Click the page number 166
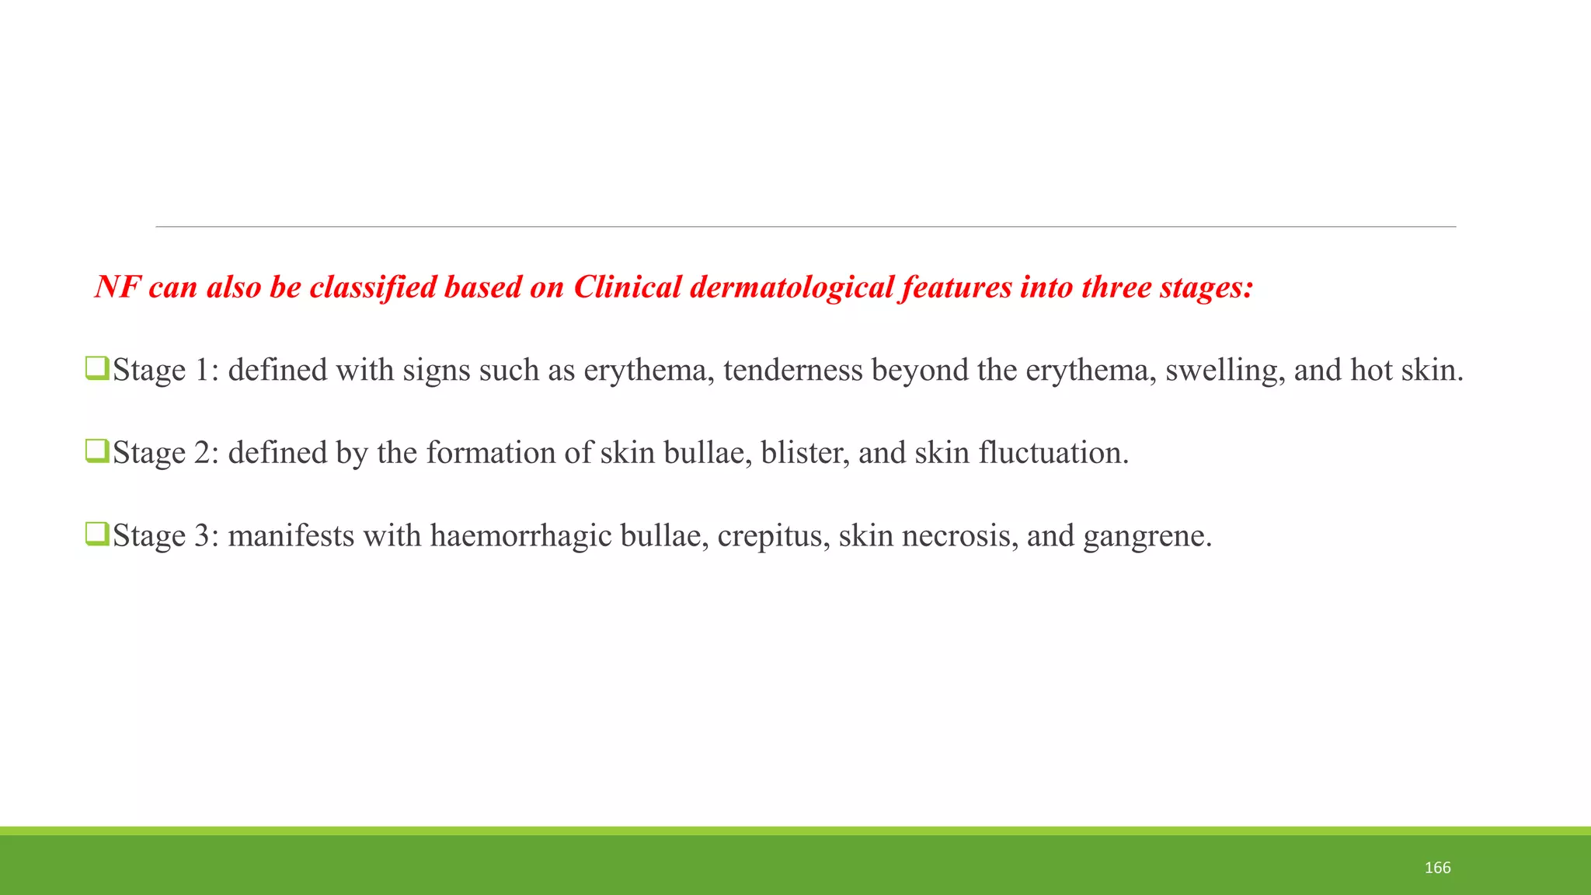tap(1437, 868)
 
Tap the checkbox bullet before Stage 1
tap(96, 368)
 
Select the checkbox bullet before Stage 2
tap(96, 451)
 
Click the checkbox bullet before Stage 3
tap(96, 534)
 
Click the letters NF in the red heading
tap(117, 287)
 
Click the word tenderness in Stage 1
tap(792, 371)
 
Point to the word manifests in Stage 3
tap(291, 536)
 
